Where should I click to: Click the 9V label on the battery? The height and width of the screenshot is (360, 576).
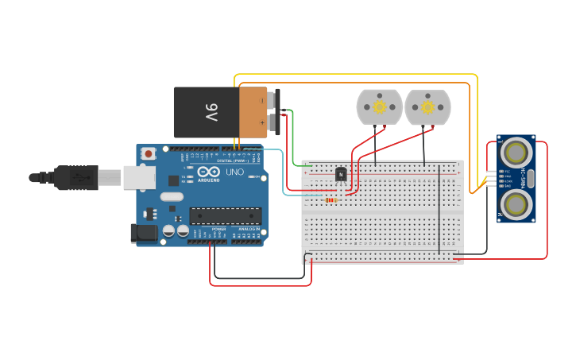(211, 112)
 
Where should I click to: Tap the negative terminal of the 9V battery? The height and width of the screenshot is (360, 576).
(273, 100)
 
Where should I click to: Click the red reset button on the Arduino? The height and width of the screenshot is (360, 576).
(148, 153)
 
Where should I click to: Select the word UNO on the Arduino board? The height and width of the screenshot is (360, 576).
(235, 172)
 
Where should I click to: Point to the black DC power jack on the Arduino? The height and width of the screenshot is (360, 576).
(142, 233)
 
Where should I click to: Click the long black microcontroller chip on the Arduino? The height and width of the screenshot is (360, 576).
(225, 215)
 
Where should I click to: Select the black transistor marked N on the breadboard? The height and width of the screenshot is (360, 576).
(341, 173)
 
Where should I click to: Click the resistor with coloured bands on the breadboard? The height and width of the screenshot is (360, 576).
(332, 199)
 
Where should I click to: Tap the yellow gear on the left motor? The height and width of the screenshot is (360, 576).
(379, 106)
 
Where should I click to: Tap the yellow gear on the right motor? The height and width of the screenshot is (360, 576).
(427, 106)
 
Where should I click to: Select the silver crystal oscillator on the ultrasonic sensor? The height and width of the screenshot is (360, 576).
(530, 178)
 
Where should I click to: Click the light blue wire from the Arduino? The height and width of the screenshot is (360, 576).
(284, 171)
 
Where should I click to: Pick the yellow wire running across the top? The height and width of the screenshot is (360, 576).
(358, 75)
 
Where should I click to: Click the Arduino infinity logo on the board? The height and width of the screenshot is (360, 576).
(209, 172)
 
